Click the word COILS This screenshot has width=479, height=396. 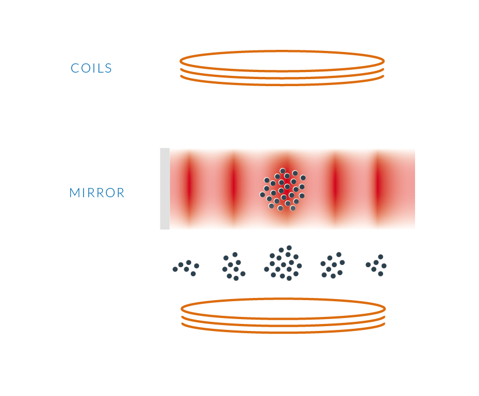click(x=92, y=68)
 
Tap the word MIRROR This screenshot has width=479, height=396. click(x=97, y=193)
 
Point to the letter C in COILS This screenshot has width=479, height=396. click(x=75, y=68)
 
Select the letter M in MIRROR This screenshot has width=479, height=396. click(x=75, y=193)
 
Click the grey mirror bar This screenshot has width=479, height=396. click(x=165, y=189)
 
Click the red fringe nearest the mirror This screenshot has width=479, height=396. click(x=190, y=189)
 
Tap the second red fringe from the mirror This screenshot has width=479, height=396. click(x=234, y=189)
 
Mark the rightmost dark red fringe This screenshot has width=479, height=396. click(x=379, y=189)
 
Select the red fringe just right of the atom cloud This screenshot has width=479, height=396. click(x=336, y=189)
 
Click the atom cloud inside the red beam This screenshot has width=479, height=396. click(x=282, y=189)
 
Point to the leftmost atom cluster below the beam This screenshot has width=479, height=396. click(x=186, y=268)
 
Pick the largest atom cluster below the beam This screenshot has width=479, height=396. click(x=283, y=263)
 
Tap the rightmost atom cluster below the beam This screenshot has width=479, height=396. click(x=376, y=265)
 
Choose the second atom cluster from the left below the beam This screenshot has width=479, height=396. click(x=234, y=266)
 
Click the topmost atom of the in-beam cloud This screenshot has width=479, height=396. click(x=282, y=171)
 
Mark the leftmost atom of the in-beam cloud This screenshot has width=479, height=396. click(x=262, y=194)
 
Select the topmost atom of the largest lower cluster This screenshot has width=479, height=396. click(x=289, y=248)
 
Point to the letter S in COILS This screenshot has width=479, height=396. click(x=108, y=68)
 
